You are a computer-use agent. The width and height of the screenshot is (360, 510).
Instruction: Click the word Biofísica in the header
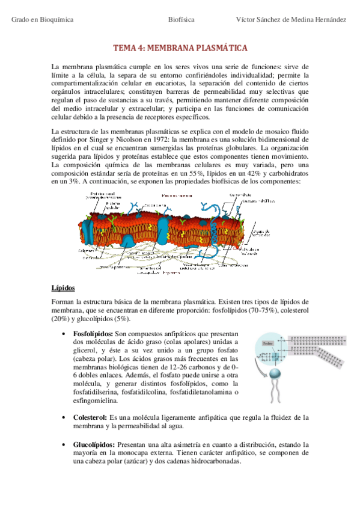[181, 19]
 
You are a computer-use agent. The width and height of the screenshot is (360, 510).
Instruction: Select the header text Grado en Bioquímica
[42, 19]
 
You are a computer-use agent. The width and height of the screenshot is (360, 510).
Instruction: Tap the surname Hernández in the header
[329, 19]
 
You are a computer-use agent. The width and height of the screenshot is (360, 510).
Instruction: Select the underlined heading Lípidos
[63, 287]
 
